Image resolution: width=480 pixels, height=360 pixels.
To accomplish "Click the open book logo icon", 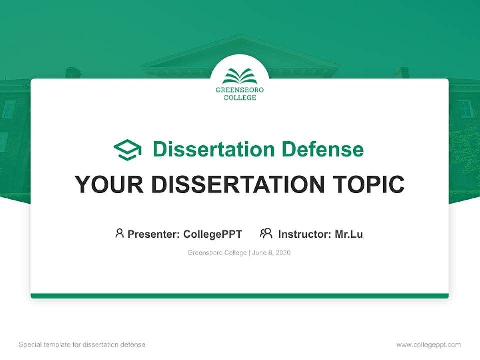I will [x=240, y=76].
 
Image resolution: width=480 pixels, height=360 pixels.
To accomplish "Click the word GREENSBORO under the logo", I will [x=240, y=90].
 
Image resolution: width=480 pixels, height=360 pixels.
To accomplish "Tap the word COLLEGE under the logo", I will [x=240, y=98].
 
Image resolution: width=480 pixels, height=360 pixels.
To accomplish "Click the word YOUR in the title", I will [x=109, y=185].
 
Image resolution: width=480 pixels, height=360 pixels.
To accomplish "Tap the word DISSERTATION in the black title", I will [x=238, y=185].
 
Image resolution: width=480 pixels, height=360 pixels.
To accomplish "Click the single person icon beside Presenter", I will [x=119, y=233].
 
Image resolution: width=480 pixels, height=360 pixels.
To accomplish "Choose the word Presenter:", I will [x=153, y=234].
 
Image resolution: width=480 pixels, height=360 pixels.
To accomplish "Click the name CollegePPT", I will [x=213, y=234].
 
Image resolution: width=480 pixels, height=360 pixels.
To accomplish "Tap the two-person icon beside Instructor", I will [x=266, y=233].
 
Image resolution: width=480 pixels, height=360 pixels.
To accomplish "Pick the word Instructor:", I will [x=304, y=234].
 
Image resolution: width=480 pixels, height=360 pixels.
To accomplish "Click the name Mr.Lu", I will [x=349, y=234].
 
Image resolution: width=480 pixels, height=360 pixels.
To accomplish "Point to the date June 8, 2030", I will [x=271, y=253].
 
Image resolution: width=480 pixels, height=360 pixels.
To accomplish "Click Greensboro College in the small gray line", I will [x=217, y=253].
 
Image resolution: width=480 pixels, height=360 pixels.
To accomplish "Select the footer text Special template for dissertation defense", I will [x=82, y=345].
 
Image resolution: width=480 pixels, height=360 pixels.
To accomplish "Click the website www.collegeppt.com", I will [x=428, y=345].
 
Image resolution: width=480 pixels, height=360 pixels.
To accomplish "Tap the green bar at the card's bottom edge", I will [x=240, y=296].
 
